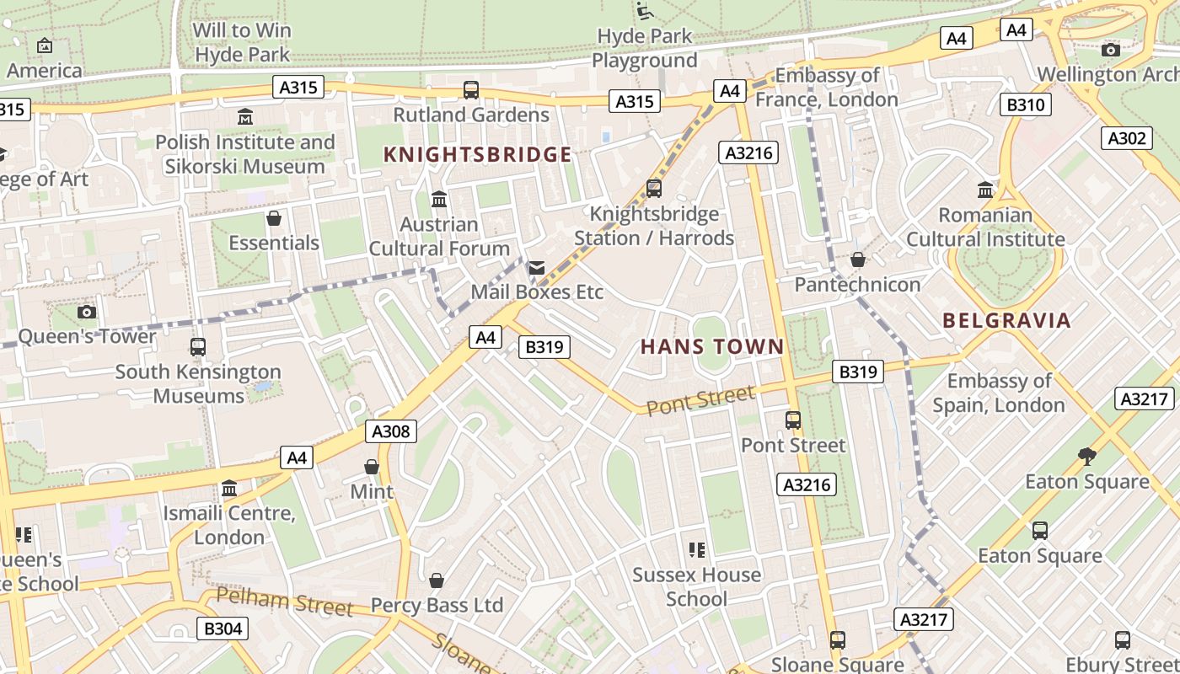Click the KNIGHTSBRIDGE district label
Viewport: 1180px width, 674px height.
pos(477,154)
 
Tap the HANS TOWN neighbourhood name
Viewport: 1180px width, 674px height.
pos(712,346)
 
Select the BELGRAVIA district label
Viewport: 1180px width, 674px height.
pos(1006,320)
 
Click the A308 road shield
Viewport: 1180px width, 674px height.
pos(392,432)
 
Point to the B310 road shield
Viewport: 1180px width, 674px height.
pos(1026,105)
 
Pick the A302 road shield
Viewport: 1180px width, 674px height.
pos(1127,138)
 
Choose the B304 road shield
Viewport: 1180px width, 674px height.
pos(223,629)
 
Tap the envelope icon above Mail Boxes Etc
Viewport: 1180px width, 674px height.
pos(537,268)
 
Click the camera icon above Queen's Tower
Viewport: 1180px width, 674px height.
pos(87,313)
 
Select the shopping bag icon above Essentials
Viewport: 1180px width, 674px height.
pos(274,219)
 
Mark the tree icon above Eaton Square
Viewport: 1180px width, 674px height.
pos(1086,457)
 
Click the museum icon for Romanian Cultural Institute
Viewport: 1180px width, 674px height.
pos(984,190)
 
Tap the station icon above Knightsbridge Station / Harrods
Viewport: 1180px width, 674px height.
pos(654,189)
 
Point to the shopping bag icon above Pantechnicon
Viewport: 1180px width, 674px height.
pos(858,259)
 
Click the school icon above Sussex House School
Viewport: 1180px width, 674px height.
pos(696,550)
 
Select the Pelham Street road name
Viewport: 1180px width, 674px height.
pos(284,602)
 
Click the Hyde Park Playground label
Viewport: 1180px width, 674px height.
pos(645,48)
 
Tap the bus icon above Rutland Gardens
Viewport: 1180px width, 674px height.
pos(471,89)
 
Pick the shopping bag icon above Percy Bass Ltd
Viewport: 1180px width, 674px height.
pos(437,580)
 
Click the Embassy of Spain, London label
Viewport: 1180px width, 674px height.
pos(999,393)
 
